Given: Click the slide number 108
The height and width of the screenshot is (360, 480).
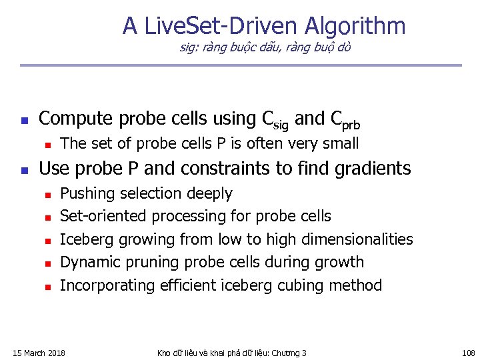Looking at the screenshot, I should [468, 353].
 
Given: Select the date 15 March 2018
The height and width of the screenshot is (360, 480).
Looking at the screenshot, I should [39, 353].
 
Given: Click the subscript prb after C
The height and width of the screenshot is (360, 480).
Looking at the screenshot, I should [352, 124].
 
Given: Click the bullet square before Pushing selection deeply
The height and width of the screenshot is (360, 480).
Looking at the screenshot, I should [46, 195].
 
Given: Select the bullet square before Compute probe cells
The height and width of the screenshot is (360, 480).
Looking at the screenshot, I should [23, 121].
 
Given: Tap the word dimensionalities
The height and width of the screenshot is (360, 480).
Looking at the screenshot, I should [357, 239].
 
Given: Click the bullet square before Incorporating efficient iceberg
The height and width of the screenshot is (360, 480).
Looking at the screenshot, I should [46, 287].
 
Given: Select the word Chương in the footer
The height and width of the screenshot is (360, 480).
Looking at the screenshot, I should [282, 353].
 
